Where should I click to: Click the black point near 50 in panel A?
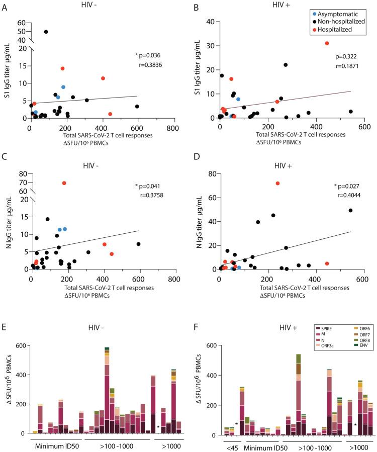tap(46, 32)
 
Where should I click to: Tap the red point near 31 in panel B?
tap(327, 43)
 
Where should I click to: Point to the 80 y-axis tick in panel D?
tap(206, 175)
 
